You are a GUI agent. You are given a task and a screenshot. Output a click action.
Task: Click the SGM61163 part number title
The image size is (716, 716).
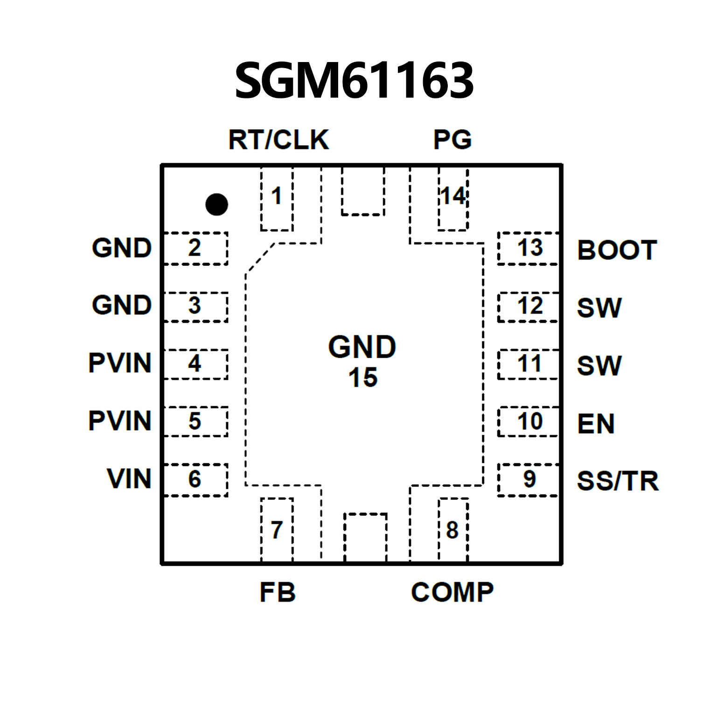click(x=354, y=80)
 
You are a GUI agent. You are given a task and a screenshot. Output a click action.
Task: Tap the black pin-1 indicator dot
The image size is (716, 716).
click(x=216, y=204)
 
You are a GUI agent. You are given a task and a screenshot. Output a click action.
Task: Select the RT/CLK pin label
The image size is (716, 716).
click(x=278, y=139)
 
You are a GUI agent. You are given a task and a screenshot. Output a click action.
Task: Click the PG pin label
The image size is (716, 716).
click(x=452, y=139)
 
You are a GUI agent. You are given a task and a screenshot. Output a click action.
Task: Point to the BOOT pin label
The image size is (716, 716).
click(x=617, y=250)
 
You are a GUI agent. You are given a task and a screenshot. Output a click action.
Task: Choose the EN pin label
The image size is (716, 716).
click(x=596, y=424)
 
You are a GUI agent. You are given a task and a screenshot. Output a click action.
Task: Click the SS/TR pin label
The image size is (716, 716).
click(x=617, y=481)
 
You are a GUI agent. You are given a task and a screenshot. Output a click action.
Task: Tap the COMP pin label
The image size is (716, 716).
click(x=452, y=592)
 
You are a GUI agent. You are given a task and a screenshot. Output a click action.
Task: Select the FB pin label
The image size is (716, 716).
click(x=278, y=592)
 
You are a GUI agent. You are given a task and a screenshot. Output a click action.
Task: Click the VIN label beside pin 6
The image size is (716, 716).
click(x=129, y=479)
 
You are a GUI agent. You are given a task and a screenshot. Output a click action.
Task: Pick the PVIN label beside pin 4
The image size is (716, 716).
click(x=120, y=363)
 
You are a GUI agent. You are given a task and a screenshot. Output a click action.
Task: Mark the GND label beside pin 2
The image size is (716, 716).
click(x=122, y=248)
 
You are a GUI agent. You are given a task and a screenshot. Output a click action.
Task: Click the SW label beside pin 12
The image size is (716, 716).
click(x=599, y=308)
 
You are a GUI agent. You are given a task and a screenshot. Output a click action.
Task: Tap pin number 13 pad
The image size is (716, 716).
click(x=528, y=248)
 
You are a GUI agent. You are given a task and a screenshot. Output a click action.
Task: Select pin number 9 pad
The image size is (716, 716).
click(x=528, y=480)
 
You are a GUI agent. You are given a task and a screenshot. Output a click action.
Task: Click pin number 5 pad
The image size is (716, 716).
click(x=195, y=421)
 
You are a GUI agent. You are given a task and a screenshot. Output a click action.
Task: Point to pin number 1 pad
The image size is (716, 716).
click(x=277, y=199)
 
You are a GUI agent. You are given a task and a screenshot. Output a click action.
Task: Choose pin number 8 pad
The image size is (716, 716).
click(x=452, y=530)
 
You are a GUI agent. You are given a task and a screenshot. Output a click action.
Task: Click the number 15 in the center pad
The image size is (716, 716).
click(x=362, y=377)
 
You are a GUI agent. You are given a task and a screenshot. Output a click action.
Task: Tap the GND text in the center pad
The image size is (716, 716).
click(x=362, y=347)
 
